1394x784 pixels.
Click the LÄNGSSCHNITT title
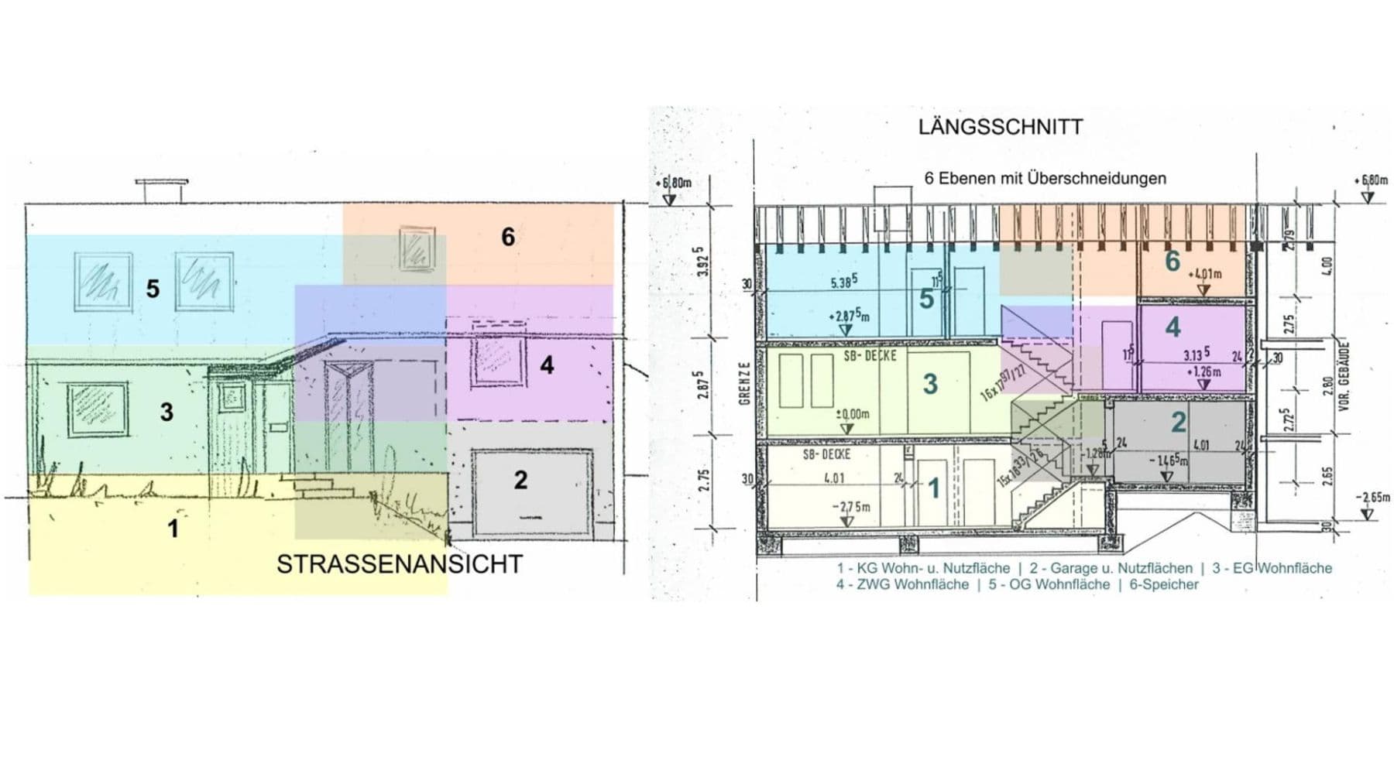1001,127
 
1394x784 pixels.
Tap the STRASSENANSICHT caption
400,564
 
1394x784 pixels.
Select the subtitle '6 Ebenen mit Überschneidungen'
1045,179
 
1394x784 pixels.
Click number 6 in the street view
508,237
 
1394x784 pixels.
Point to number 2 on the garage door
520,480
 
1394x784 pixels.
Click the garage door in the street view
531,493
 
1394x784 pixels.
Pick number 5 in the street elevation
153,289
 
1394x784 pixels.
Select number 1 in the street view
173,529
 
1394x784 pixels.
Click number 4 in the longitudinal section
1173,327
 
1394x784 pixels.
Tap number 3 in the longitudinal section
930,384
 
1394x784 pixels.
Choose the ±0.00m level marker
852,415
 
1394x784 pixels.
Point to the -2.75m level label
850,507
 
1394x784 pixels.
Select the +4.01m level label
1204,274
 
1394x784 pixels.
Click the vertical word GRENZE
745,383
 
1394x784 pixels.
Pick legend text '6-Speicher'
1163,585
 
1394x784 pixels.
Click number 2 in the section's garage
1178,422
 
